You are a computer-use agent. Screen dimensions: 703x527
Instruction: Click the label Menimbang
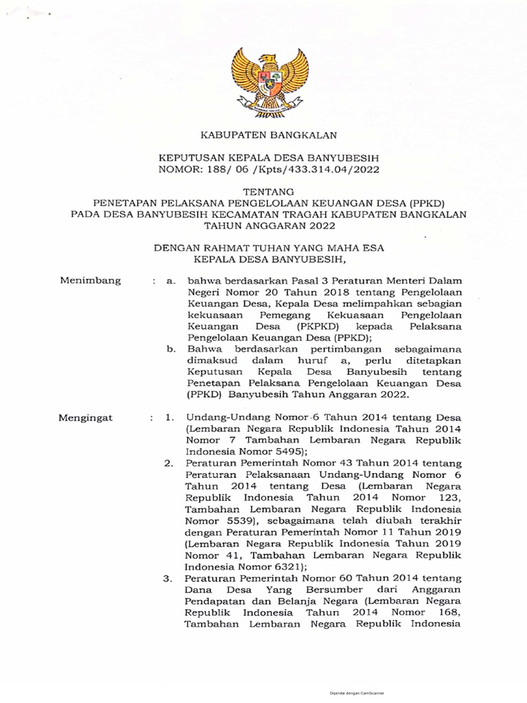coord(91,280)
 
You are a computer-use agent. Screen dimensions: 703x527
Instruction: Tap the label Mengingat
coord(88,417)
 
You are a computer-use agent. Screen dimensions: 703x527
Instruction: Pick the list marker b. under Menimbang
coord(172,349)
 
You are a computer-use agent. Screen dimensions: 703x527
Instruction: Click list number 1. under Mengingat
coord(171,417)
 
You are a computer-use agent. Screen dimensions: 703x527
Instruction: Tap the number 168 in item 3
coord(449,613)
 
